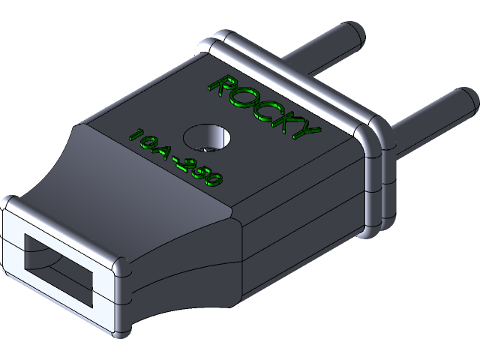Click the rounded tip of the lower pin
click(x=466, y=98)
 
